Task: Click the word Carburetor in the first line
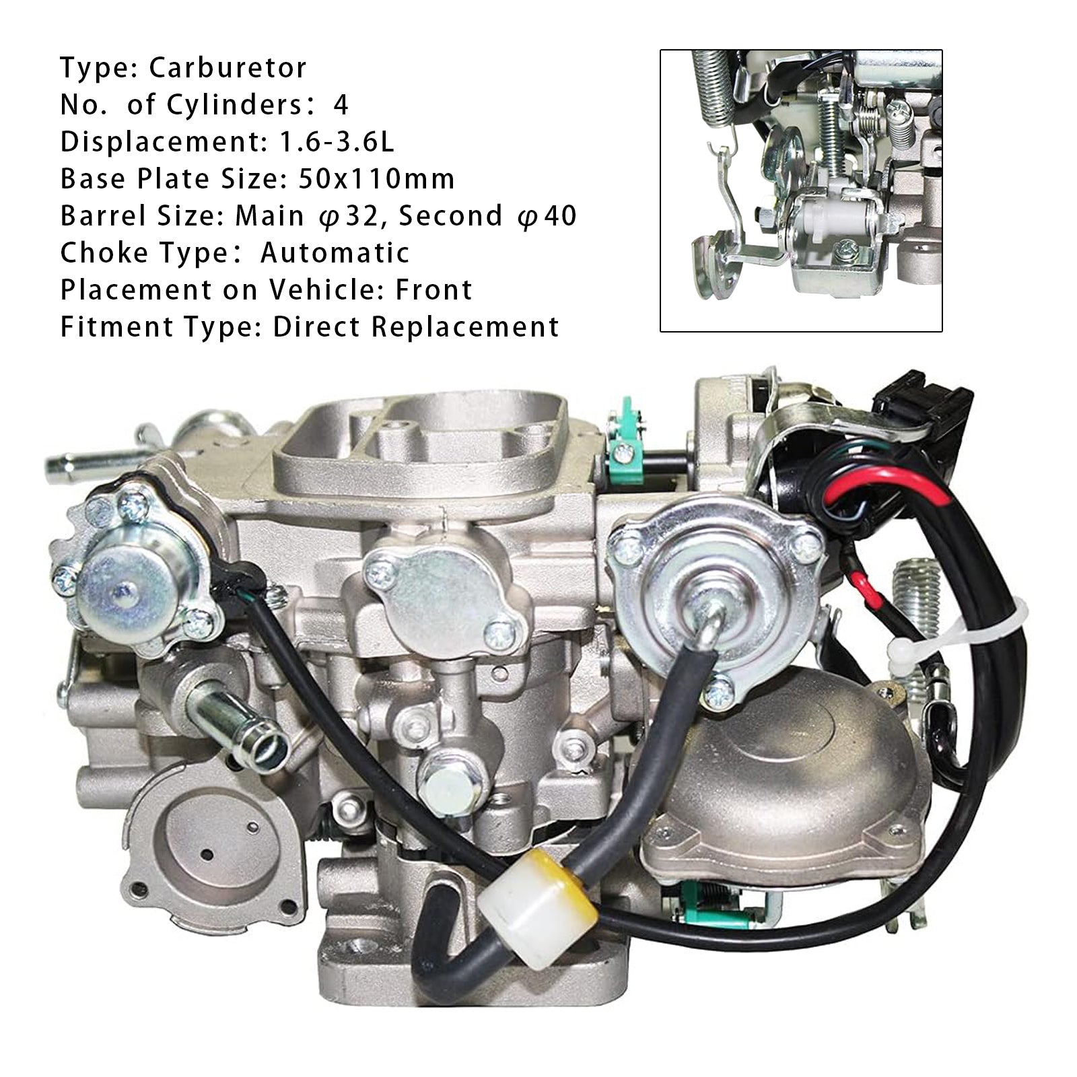point(228,68)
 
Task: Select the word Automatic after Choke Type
point(335,253)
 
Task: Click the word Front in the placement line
point(433,290)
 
